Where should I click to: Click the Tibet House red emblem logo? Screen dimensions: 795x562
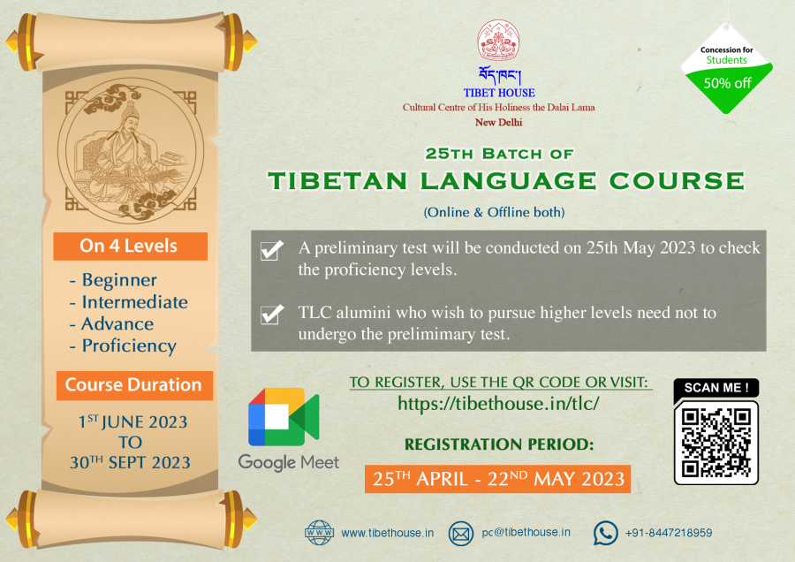point(498,41)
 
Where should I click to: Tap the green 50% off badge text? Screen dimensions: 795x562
point(727,83)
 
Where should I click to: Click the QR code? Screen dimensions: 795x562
point(715,443)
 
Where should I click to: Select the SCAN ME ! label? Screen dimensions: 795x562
point(715,388)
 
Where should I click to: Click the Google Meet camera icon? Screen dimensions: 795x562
point(284,416)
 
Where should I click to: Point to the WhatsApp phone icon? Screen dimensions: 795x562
point(605,533)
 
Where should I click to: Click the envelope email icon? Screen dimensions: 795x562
point(461,534)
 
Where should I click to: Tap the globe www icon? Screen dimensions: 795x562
point(319,533)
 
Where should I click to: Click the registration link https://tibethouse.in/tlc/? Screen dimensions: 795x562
point(498,404)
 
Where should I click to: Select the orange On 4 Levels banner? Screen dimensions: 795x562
point(131,246)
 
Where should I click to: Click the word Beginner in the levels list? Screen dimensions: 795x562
point(119,280)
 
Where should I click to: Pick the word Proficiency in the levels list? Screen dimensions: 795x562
point(129,346)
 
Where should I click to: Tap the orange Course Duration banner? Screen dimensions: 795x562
point(134,385)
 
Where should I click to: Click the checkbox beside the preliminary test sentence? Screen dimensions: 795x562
point(271,250)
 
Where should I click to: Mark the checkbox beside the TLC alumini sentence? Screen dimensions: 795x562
point(272,314)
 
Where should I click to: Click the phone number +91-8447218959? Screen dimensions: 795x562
point(669,533)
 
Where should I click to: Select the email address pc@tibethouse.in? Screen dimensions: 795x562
point(526,533)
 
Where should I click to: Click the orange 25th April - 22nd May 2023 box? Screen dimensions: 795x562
point(498,479)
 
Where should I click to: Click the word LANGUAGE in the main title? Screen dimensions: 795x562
point(509,181)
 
